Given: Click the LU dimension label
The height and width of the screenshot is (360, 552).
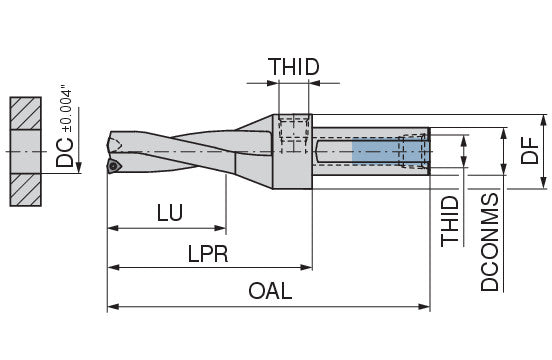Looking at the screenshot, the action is pos(170,213).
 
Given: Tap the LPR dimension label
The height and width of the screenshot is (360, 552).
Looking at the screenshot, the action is pos(208,254).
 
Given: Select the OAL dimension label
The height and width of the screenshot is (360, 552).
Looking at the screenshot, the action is pos(270,291).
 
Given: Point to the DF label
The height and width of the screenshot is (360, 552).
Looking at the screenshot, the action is pos(530,151).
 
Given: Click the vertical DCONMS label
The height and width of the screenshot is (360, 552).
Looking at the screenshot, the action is pos(490,242).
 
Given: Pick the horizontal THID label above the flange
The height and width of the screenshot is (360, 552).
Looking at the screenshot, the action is pos(294,67).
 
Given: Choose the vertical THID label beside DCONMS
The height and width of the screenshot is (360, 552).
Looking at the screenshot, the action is pos(450,221).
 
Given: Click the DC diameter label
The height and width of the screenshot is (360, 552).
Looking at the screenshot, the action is pos(65,152).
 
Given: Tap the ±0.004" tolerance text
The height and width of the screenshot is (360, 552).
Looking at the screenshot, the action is pos(67,108).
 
